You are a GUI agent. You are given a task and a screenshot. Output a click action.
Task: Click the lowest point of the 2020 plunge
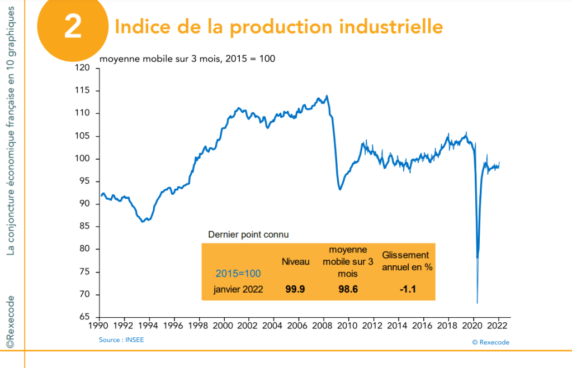tap(478, 303)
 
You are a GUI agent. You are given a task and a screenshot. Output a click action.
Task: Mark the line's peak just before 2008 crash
tap(327, 96)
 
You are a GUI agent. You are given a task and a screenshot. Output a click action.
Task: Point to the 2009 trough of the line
tap(340, 190)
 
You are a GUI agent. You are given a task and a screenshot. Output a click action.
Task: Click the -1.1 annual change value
tap(407, 289)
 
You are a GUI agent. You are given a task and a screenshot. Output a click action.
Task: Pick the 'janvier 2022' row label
tap(238, 289)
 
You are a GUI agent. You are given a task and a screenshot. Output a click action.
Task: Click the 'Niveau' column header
tap(295, 261)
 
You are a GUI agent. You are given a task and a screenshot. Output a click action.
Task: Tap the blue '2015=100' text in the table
tap(238, 274)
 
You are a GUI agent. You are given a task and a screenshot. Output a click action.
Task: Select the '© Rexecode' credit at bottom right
tap(490, 342)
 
